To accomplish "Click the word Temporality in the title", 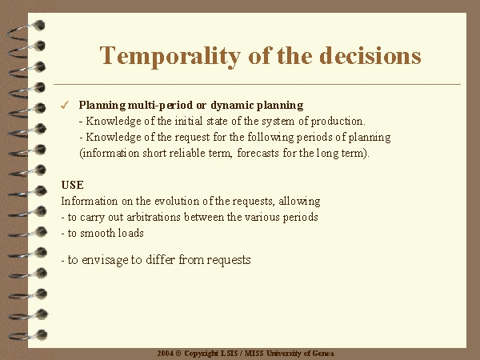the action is [x=170, y=56].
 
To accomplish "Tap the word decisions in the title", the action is [x=370, y=55].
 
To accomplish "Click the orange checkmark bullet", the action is [x=65, y=106].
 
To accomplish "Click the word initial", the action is [x=189, y=122].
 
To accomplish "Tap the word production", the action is [x=338, y=122].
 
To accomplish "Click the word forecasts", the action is [x=258, y=153].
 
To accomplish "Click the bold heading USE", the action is [x=72, y=186].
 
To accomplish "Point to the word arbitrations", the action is [x=153, y=217].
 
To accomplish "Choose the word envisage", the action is [x=105, y=260].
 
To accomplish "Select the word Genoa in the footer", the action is [x=323, y=354].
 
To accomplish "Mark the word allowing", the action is [x=299, y=202].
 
